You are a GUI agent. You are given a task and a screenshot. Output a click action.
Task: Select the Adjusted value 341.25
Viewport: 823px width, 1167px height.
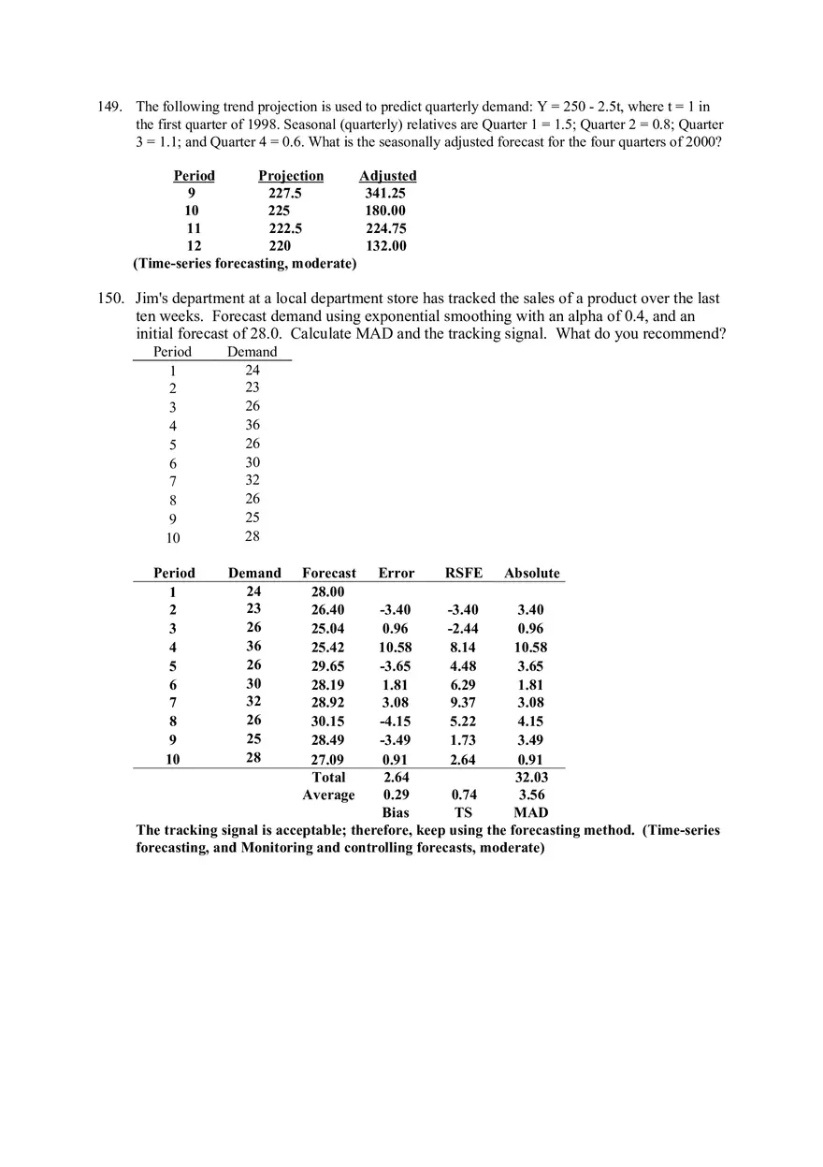[385, 194]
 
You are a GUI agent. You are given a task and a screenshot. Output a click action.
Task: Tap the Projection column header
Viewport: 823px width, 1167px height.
[291, 176]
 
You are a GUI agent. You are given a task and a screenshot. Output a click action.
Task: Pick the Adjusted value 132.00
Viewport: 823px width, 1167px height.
[385, 246]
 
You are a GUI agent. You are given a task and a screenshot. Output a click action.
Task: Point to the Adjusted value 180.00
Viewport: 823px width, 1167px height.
[385, 211]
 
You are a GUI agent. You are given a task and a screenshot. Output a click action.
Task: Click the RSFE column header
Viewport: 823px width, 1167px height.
[464, 573]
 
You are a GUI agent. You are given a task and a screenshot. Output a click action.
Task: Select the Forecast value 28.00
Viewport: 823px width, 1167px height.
[327, 591]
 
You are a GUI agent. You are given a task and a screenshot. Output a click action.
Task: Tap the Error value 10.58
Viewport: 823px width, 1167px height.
[395, 648]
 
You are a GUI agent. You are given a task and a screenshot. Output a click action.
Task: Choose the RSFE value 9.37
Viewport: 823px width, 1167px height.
[463, 703]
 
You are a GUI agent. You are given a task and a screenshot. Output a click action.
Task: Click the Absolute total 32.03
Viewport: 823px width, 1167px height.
[532, 777]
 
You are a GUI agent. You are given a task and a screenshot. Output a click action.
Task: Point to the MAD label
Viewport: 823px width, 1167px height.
[531, 812]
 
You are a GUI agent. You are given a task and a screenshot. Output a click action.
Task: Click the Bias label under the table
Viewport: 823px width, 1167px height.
[396, 812]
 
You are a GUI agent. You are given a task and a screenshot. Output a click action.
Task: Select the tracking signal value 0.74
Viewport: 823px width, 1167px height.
[463, 795]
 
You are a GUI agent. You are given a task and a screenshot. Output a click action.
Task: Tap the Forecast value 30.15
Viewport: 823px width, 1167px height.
[327, 722]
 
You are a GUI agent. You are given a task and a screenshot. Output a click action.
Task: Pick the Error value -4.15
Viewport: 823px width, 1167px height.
[395, 722]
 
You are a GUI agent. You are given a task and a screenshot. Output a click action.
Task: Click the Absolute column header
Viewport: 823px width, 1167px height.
[532, 573]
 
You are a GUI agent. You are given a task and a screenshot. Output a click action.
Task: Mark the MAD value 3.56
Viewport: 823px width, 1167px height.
[532, 795]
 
